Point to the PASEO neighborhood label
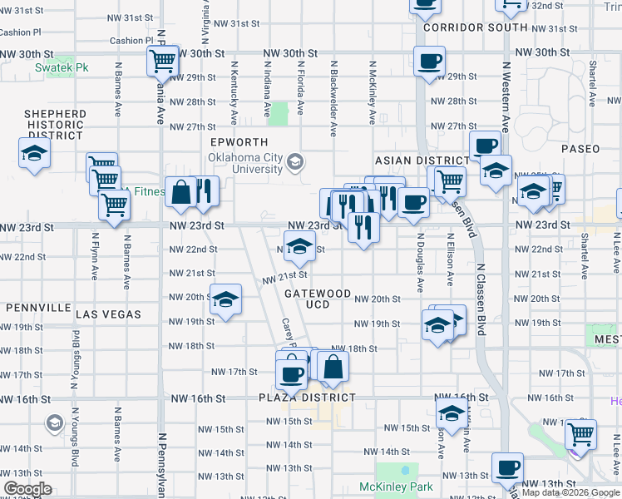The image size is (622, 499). pos(580,149)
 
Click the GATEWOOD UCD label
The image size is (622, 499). pos(318,299)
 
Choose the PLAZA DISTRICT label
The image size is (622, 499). pos(318,398)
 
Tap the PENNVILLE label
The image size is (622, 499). pos(38,307)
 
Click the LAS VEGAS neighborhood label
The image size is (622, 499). pos(108,314)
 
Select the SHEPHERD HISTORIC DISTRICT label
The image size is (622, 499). pos(55,124)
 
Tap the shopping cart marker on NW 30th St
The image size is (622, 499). pos(162,61)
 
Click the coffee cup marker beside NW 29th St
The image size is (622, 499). pos(429,62)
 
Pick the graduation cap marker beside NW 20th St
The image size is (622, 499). pos(225,301)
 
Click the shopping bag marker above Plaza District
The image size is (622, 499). pos(333,366)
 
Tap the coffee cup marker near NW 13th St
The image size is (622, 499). pos(507,467)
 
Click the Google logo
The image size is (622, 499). pos(28,489)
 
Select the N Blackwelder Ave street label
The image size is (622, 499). pos(333,98)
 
